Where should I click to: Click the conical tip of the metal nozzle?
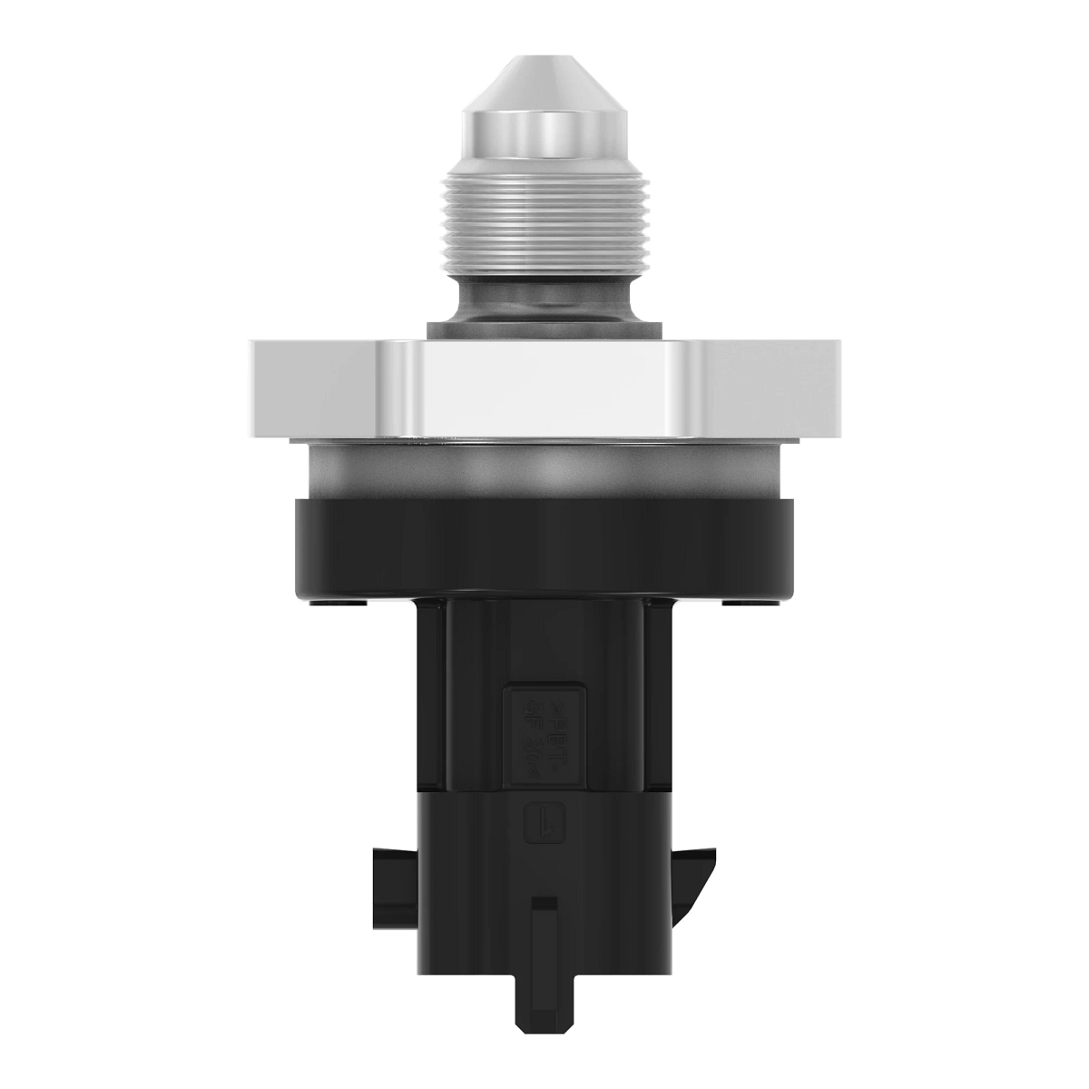click(x=544, y=86)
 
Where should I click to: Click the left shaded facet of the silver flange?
click(x=313, y=386)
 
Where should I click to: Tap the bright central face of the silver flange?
click(x=544, y=386)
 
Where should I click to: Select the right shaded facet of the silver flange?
click(x=776, y=386)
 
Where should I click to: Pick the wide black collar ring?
click(x=544, y=544)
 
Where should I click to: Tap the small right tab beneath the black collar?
click(x=750, y=602)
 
